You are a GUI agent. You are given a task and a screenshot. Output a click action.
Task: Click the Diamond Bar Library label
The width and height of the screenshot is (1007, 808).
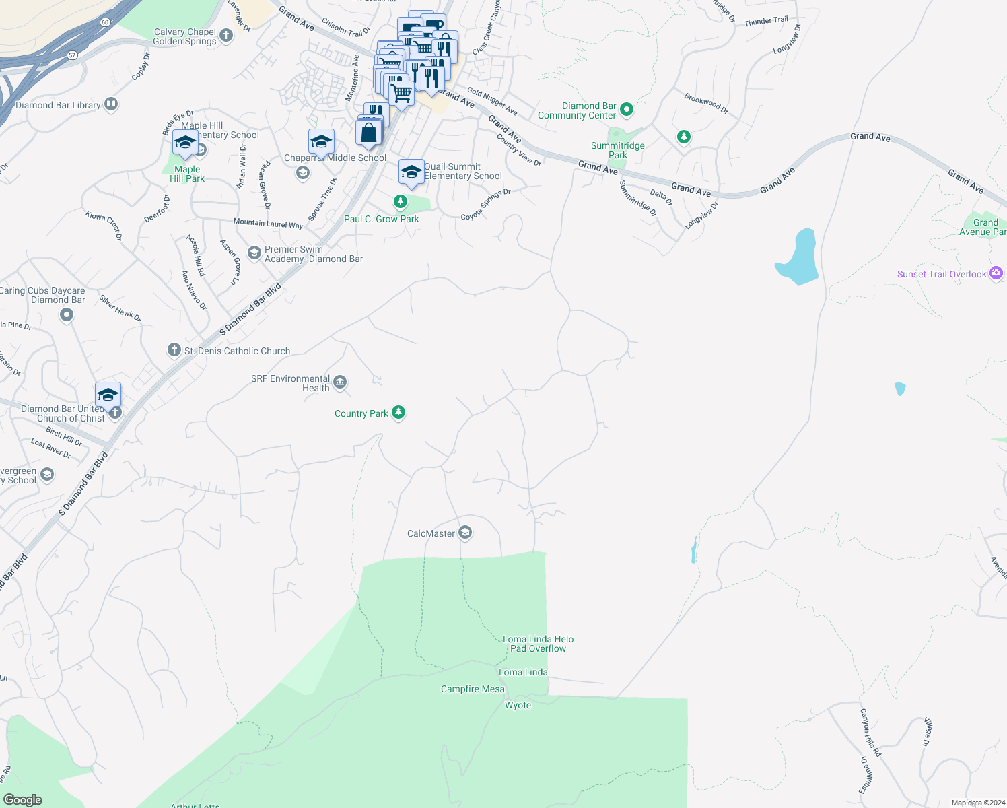pyautogui.click(x=58, y=105)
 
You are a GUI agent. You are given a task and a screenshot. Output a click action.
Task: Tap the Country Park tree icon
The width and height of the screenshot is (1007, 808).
pyautogui.click(x=398, y=413)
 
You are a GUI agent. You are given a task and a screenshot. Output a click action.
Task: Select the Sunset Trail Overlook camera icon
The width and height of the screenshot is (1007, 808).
pyautogui.click(x=996, y=273)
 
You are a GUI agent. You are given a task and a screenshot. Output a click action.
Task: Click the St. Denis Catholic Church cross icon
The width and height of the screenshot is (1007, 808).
pyautogui.click(x=174, y=350)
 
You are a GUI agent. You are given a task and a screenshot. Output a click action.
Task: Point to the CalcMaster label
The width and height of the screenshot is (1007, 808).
pyautogui.click(x=431, y=533)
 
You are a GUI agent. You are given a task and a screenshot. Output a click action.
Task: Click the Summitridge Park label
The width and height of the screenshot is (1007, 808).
pyautogui.click(x=617, y=150)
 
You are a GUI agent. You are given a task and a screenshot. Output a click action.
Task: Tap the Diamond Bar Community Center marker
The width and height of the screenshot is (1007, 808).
pyautogui.click(x=627, y=109)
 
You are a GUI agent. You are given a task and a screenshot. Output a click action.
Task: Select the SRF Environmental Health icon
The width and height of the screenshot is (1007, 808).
pyautogui.click(x=340, y=382)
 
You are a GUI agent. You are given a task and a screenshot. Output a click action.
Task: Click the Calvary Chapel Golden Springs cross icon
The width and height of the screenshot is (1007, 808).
pyautogui.click(x=226, y=36)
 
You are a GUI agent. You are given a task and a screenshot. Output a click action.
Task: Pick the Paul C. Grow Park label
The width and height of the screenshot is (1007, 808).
pyautogui.click(x=381, y=219)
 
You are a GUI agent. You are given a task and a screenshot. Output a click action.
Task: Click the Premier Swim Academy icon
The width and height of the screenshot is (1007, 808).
pyautogui.click(x=254, y=252)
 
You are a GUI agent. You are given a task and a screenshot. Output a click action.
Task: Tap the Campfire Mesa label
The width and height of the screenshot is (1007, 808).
pyautogui.click(x=473, y=689)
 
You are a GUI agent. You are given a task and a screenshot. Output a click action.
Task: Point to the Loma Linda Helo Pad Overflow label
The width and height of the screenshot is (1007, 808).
pyautogui.click(x=538, y=644)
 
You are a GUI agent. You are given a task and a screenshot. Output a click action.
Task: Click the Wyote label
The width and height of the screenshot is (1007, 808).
pyautogui.click(x=518, y=705)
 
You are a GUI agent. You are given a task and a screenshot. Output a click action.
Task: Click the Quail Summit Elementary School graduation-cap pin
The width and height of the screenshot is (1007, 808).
pyautogui.click(x=411, y=172)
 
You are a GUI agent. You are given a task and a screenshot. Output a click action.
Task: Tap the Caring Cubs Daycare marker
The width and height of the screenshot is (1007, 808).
pyautogui.click(x=67, y=314)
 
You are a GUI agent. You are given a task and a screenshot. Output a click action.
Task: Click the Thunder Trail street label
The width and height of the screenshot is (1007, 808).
pyautogui.click(x=766, y=22)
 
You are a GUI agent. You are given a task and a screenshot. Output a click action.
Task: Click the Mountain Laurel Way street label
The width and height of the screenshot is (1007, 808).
pyautogui.click(x=268, y=223)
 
